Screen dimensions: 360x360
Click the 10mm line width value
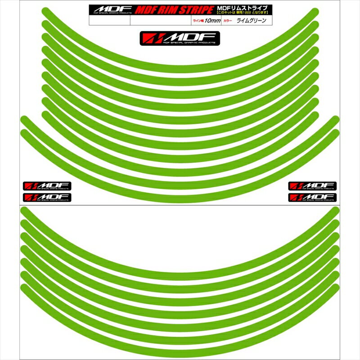tap(212, 21)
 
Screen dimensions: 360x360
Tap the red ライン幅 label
tap(197, 21)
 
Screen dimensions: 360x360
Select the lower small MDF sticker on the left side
tap(47, 197)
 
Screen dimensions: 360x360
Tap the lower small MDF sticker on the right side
tap(312, 197)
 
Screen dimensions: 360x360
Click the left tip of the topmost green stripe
tap(45, 11)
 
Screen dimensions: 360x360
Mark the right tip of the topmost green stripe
tap(315, 11)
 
